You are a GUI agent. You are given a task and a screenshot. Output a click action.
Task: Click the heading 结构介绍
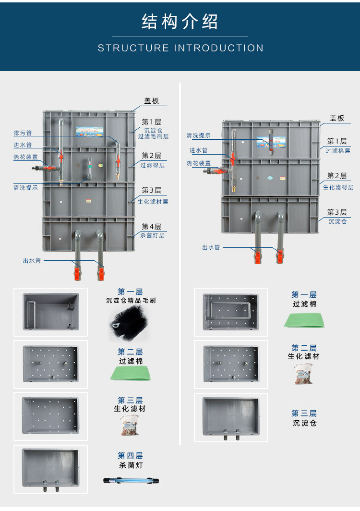[180, 22]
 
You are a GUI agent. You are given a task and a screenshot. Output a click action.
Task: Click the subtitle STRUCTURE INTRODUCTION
[180, 48]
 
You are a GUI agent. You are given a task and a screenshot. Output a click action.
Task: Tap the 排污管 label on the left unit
[23, 133]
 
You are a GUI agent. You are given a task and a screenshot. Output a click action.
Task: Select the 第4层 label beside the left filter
[151, 227]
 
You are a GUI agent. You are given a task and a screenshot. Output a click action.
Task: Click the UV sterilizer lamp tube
[131, 480]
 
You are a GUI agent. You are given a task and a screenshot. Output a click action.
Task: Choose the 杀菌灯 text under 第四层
[131, 465]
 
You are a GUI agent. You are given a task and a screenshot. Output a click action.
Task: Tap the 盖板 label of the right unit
[337, 118]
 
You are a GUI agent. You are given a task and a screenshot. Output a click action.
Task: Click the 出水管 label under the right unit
[211, 247]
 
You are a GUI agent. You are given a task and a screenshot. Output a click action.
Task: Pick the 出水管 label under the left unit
[32, 261]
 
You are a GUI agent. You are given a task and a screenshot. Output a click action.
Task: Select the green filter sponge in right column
[304, 319]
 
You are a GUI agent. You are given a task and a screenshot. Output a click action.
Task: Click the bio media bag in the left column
[129, 425]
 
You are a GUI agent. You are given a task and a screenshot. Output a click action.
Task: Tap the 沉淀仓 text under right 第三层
[304, 423]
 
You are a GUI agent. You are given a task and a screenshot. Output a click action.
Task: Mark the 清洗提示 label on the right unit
[198, 136]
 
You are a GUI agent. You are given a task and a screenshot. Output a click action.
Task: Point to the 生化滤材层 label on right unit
[338, 187]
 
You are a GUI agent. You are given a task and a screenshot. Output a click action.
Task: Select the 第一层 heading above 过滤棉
[304, 295]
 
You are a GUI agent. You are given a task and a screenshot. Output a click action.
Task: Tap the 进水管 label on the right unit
[198, 150]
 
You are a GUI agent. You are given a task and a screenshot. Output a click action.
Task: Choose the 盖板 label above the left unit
[152, 101]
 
